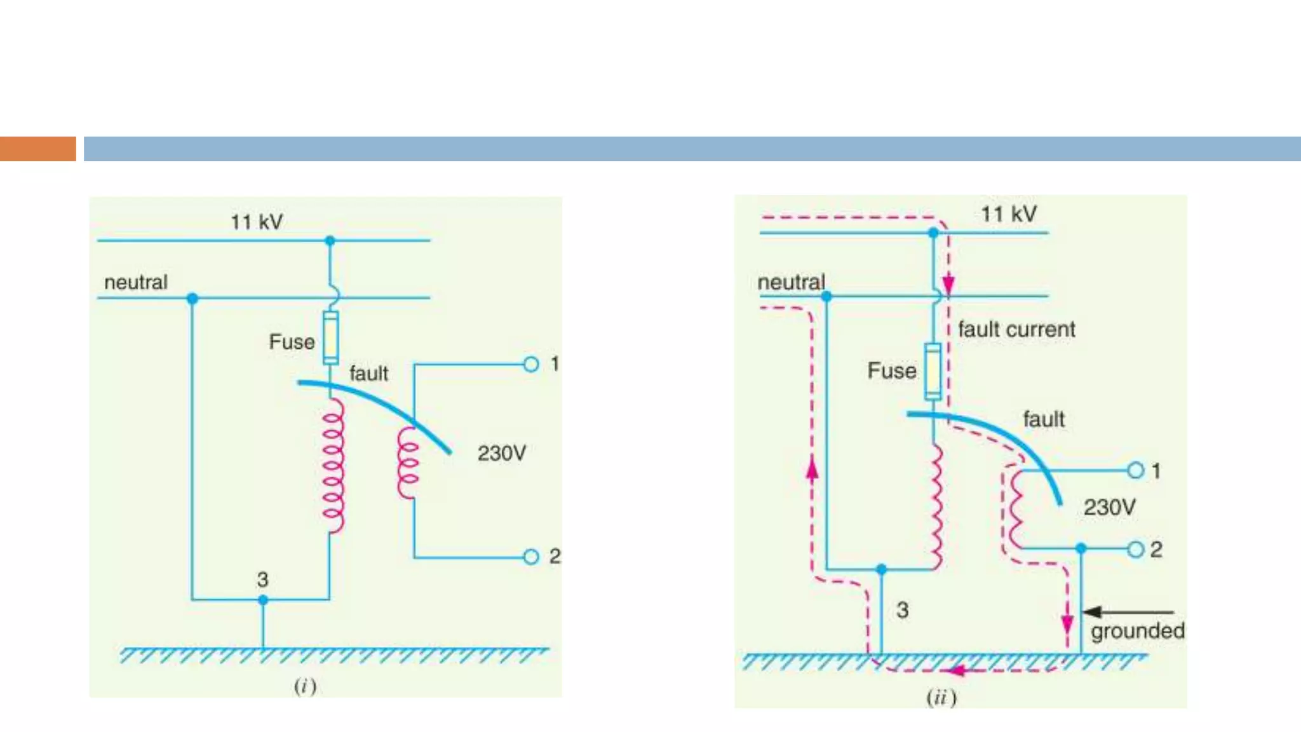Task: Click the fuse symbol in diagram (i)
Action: click(330, 337)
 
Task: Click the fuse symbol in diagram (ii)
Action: click(933, 371)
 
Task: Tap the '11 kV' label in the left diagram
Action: click(257, 222)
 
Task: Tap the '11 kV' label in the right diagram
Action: click(1009, 214)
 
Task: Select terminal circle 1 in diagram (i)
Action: click(531, 364)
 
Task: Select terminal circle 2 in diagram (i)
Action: click(531, 557)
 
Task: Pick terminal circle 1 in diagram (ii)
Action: click(1136, 470)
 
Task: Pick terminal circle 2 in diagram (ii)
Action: click(1136, 549)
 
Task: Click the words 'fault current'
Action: click(1016, 329)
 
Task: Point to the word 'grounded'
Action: click(1138, 630)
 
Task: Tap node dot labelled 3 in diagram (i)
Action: click(263, 600)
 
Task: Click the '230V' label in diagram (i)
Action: click(502, 453)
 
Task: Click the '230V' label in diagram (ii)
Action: click(1109, 507)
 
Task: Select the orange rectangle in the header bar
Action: click(37, 149)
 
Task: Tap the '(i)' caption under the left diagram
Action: click(305, 686)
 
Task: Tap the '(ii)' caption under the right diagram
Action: click(941, 698)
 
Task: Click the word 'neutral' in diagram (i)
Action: click(136, 282)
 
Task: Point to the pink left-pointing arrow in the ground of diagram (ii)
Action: click(956, 670)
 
